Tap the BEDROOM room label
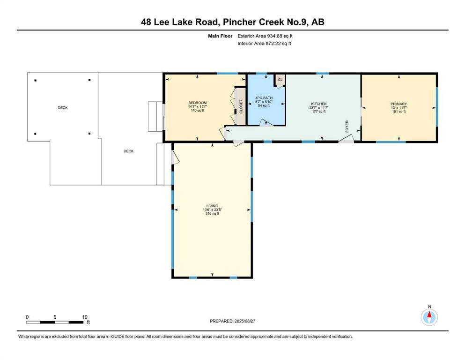point(198,103)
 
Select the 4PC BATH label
point(264,98)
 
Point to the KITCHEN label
point(319,104)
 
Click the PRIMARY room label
point(399,104)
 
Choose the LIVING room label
point(212,206)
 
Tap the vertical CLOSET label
point(241,106)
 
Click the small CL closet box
point(280,80)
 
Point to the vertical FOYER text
point(347,127)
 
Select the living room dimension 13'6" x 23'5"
point(212,210)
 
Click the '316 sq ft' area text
point(212,213)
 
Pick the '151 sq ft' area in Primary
point(399,112)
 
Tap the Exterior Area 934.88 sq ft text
point(265,36)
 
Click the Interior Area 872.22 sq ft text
point(264,43)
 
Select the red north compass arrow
point(429,315)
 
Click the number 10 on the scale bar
point(84,317)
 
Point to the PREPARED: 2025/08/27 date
point(232,321)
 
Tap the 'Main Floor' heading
point(220,36)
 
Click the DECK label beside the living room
point(128,151)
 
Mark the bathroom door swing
point(266,122)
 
